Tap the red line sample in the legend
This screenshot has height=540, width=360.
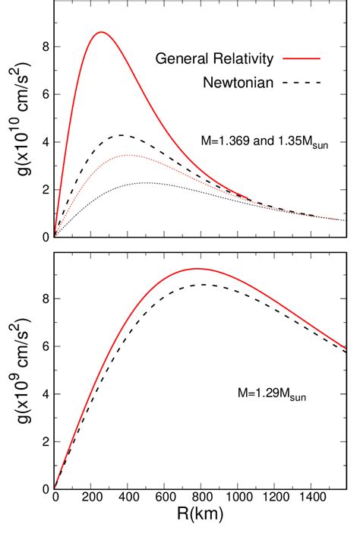tap(302, 58)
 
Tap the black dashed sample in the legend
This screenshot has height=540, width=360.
tap(302, 81)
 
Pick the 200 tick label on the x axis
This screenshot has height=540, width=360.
tap(91, 504)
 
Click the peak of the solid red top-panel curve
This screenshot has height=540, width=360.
tap(101, 32)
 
